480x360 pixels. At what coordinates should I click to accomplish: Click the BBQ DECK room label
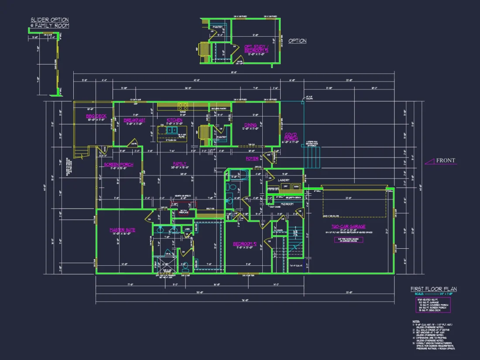tap(96, 116)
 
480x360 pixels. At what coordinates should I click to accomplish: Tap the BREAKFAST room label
tap(134, 120)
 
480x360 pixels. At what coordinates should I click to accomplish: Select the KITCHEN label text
tap(175, 120)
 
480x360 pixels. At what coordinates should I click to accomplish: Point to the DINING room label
tap(250, 125)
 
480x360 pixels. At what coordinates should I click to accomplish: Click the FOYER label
tap(252, 159)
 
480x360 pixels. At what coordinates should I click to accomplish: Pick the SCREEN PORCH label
tap(118, 165)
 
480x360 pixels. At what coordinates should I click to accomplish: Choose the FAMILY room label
tap(179, 164)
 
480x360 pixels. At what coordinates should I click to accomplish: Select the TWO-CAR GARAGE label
tap(348, 226)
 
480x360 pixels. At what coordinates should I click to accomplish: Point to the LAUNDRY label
tap(284, 180)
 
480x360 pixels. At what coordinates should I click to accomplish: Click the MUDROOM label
tap(287, 204)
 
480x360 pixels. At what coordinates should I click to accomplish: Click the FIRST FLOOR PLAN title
tap(433, 289)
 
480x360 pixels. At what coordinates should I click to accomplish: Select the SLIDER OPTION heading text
tap(50, 20)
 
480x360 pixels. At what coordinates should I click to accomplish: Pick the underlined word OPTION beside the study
tap(297, 41)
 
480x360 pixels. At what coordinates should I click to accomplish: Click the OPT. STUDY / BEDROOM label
tap(254, 48)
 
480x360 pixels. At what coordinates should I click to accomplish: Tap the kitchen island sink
tap(171, 130)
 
